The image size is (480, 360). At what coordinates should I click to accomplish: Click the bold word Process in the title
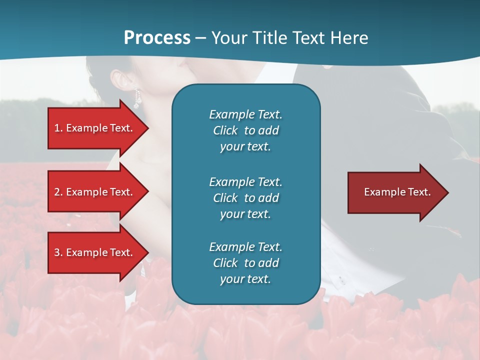(157, 38)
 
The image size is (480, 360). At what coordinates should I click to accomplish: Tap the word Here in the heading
(348, 38)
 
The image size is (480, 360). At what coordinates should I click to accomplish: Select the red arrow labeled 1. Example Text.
(95, 128)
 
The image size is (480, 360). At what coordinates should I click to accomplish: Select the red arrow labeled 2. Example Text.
(95, 192)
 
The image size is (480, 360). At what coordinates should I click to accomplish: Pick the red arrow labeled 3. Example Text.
(95, 252)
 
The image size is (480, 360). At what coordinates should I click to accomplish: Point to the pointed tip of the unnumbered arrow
(447, 192)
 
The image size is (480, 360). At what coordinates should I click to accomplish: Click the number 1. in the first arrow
(58, 128)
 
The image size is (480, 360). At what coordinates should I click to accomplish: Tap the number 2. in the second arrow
(58, 192)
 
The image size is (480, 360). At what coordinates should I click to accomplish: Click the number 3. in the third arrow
(58, 252)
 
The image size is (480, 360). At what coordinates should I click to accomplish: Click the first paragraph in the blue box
(245, 130)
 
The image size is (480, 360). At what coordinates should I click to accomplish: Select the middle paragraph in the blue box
(245, 197)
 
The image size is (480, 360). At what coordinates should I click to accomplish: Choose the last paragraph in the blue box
(245, 263)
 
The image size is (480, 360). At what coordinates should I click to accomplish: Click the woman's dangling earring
(136, 99)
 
